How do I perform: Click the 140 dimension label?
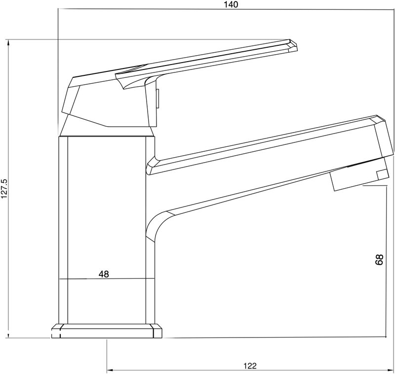pos(231,4)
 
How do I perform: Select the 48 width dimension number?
pos(104,274)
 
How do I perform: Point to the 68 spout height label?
pos(379,260)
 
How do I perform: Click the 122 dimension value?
pos(250,366)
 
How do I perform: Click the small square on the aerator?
pos(382,175)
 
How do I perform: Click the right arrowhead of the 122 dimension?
pos(391,370)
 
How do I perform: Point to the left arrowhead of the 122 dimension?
pos(110,370)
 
